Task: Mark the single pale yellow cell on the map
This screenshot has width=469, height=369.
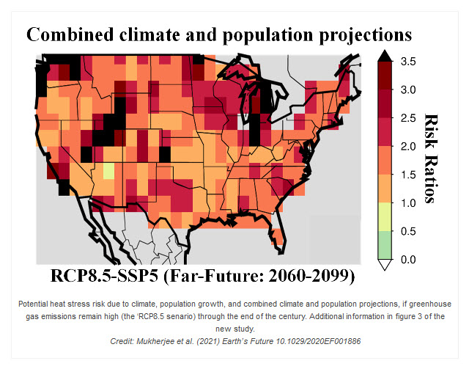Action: pyautogui.click(x=108, y=171)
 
